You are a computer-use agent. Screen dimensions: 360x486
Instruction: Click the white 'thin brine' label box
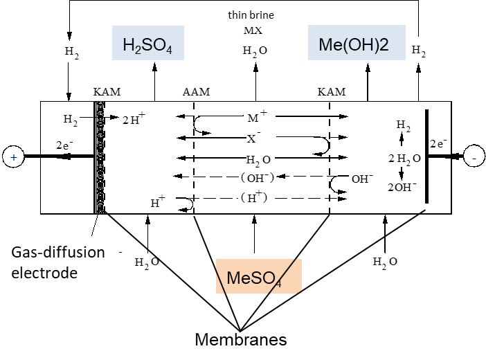pyautogui.click(x=251, y=15)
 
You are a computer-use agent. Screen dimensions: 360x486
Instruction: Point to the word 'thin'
pyautogui.click(x=237, y=15)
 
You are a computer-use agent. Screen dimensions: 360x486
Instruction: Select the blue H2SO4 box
pyautogui.click(x=148, y=44)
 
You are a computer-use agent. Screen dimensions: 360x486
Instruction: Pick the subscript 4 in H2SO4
pyautogui.click(x=169, y=50)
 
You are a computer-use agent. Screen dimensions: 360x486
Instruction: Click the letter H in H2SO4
pyautogui.click(x=129, y=46)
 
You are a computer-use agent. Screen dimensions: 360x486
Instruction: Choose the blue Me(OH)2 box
pyautogui.click(x=357, y=44)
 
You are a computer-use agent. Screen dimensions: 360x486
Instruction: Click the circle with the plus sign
pyautogui.click(x=12, y=157)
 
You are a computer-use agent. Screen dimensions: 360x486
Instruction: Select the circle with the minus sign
pyautogui.click(x=474, y=156)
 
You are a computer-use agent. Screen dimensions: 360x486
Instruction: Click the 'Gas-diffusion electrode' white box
pyautogui.click(x=60, y=262)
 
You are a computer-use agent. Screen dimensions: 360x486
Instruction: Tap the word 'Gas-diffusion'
pyautogui.click(x=58, y=252)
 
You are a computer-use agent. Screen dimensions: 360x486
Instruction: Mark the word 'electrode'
pyautogui.click(x=44, y=273)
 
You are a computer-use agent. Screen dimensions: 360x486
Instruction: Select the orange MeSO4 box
pyautogui.click(x=258, y=276)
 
